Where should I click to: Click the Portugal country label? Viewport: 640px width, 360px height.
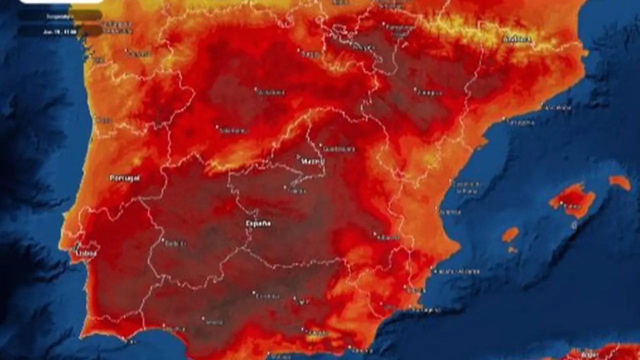tap(125, 178)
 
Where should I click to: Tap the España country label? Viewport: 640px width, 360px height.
tap(258, 223)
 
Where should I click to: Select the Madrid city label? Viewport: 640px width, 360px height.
tap(313, 161)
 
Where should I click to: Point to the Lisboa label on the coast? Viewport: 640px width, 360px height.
tap(86, 253)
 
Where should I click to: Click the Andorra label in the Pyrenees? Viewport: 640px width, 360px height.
tap(516, 39)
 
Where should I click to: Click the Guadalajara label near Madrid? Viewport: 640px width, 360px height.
tap(339, 149)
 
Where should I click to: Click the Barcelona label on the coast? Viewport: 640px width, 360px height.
tap(558, 107)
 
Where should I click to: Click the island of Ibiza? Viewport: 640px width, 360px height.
tap(510, 234)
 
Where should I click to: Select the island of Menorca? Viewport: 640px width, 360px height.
tap(620, 182)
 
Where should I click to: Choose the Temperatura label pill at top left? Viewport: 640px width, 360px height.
tap(60, 16)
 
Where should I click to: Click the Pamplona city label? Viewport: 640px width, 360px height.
tap(400, 27)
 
